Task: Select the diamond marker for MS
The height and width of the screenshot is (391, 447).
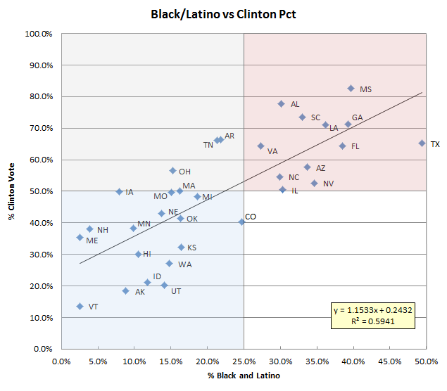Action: click(351, 89)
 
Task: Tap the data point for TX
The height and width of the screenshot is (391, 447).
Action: click(422, 143)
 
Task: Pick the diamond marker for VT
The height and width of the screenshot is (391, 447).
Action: click(80, 307)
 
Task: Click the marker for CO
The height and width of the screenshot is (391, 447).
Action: click(241, 222)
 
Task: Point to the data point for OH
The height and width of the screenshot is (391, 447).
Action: click(172, 171)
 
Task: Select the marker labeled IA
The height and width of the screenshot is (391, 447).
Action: click(119, 191)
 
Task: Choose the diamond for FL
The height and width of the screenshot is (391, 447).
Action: click(342, 146)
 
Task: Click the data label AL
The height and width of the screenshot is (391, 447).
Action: click(295, 104)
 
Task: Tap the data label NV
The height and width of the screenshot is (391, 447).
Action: click(328, 184)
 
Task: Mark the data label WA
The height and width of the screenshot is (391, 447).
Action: click(184, 264)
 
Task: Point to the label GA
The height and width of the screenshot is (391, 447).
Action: click(358, 117)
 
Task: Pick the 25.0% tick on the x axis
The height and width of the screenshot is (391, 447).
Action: click(244, 361)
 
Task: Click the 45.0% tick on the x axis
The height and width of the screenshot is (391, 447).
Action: click(390, 361)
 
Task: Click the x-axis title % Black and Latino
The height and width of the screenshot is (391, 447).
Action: click(244, 376)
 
